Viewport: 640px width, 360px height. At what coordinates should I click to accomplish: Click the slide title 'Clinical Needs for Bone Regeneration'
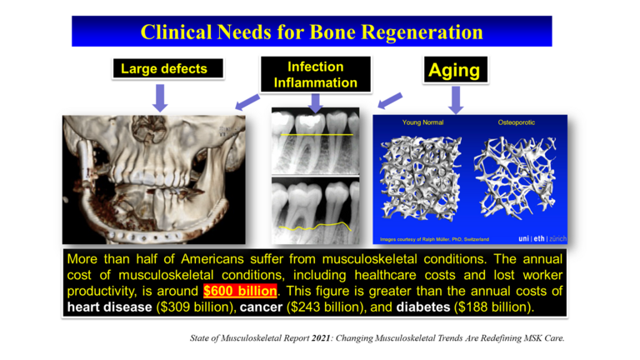point(312,32)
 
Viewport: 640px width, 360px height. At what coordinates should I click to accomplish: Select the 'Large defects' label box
point(163,69)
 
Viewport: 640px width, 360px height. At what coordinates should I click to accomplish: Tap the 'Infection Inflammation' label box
point(315,74)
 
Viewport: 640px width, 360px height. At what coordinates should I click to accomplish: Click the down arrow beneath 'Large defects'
point(162,97)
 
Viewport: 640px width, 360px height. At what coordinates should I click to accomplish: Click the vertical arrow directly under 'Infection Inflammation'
point(315,102)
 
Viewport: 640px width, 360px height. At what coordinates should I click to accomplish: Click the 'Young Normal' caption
point(422,122)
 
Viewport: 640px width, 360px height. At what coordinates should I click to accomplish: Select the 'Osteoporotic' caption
point(516,122)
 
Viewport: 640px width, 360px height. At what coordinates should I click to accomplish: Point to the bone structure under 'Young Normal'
point(420,177)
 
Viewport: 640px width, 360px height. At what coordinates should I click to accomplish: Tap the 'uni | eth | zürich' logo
point(542,238)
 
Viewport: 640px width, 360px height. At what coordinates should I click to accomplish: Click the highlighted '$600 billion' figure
point(238,291)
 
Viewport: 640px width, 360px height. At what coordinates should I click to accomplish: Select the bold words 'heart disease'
point(106,307)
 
